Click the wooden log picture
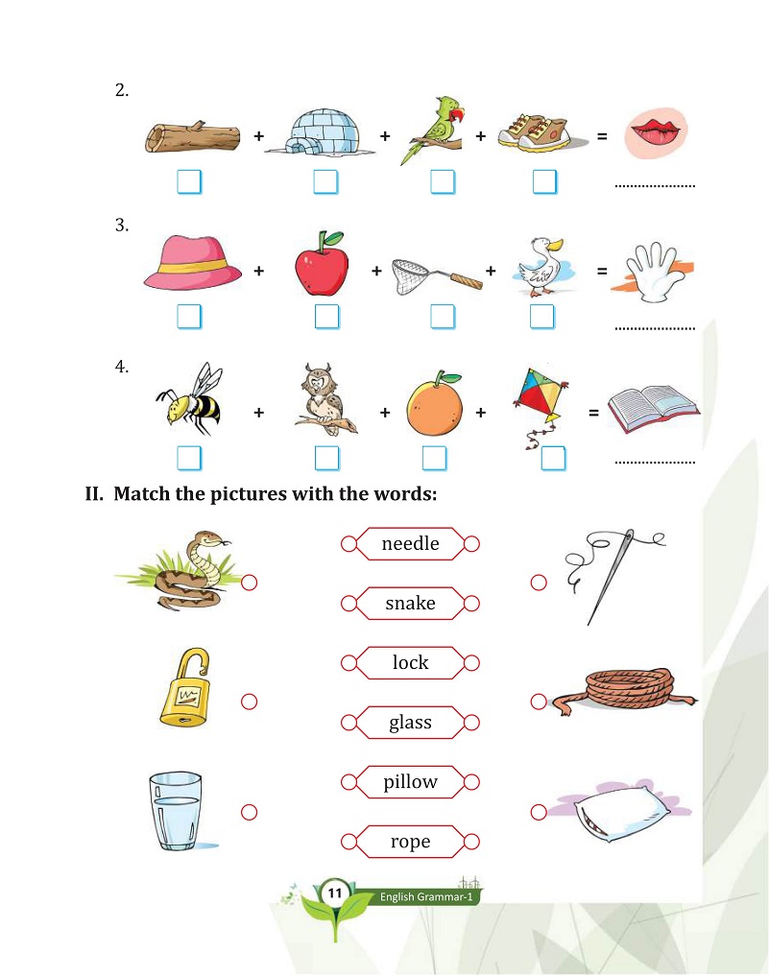193,137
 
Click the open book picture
653,406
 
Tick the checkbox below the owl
326,459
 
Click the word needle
410,544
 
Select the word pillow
410,782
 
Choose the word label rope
410,842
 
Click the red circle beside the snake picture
250,583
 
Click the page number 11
335,893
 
